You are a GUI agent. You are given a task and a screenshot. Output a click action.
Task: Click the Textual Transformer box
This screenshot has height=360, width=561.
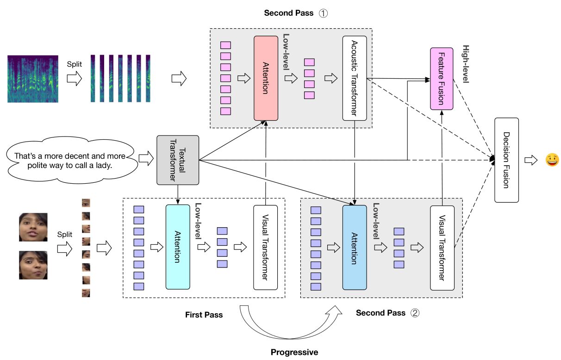[x=178, y=160]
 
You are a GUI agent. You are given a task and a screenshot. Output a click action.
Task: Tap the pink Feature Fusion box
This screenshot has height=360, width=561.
[x=442, y=78]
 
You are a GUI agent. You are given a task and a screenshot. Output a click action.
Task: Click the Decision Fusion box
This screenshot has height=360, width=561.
[x=506, y=160]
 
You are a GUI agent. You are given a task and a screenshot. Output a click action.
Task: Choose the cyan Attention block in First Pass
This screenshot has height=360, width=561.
[x=178, y=247]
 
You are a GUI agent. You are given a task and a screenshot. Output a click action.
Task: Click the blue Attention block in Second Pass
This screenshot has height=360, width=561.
[x=355, y=247]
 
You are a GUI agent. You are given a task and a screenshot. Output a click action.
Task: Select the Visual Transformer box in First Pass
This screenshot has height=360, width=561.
[x=265, y=247]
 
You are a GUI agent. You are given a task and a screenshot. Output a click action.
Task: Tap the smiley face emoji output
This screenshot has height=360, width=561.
[x=552, y=161]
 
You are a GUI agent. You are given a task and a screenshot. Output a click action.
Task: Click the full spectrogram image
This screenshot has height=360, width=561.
[x=33, y=78]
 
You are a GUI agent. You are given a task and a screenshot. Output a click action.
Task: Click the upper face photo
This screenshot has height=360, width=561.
[x=33, y=227]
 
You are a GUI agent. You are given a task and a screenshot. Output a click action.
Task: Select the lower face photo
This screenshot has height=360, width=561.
[x=33, y=265]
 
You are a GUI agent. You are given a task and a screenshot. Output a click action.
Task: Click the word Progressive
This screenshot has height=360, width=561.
[x=294, y=352]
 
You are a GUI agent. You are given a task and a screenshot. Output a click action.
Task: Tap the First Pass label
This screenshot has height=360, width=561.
[x=204, y=315]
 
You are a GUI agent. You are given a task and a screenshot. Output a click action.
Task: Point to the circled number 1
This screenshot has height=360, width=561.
[x=323, y=13]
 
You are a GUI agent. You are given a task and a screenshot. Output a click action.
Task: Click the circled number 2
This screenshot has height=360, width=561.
[x=415, y=313]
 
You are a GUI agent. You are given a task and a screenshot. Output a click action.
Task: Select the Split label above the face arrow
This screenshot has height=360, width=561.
[x=65, y=235]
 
